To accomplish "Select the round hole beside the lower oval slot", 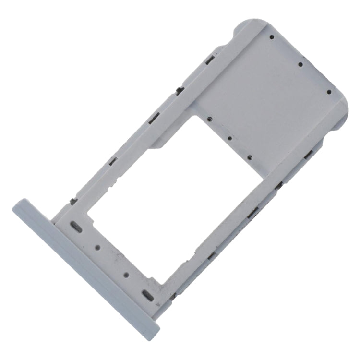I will (126, 276).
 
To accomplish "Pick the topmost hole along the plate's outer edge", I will (271, 37).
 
